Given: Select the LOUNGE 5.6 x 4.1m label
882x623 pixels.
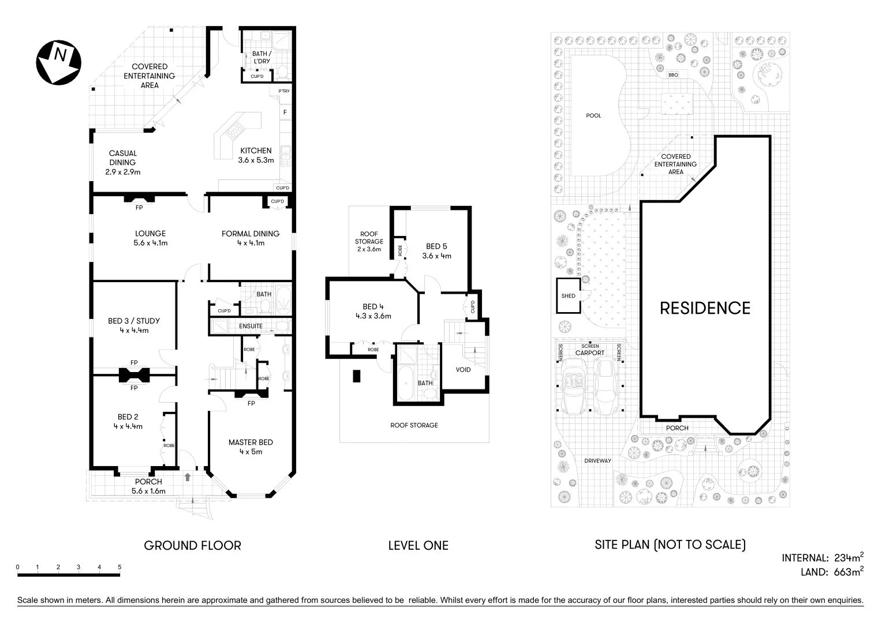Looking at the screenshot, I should (151, 238).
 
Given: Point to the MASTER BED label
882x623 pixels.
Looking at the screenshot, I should (251, 446).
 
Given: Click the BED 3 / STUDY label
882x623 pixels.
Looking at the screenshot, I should (134, 325).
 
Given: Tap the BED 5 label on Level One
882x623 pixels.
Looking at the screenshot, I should (436, 251).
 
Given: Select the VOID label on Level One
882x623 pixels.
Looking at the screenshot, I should (463, 370).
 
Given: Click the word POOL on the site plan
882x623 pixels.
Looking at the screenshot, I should (593, 116).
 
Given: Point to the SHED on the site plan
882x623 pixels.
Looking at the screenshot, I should (569, 296).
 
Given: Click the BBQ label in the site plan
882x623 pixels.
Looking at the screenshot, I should (672, 76).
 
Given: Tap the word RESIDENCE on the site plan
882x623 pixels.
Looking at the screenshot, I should (705, 308).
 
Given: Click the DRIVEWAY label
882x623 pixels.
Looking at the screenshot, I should (597, 461).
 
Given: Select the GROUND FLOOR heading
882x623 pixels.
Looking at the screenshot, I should (192, 545).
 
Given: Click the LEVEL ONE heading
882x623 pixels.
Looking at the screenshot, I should (418, 545).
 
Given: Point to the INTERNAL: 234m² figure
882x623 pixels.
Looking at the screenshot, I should (823, 558).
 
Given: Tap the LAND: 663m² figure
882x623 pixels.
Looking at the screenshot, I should (831, 572).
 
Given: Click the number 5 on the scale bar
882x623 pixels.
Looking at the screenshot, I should (119, 567).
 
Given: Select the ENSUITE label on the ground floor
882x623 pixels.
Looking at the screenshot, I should (251, 326).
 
